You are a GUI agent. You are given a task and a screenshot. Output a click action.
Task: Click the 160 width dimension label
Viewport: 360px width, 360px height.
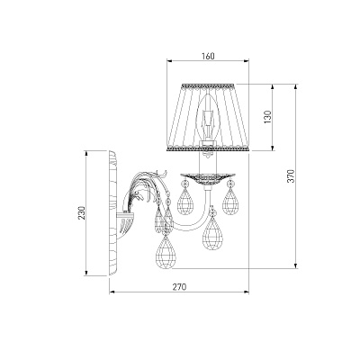point(208,56)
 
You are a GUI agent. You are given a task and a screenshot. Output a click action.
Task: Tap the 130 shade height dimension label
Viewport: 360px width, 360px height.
point(267,117)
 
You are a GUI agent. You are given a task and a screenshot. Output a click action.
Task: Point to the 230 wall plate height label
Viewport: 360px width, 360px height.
point(82,212)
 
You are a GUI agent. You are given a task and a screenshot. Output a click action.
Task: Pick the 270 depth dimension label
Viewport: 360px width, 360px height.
point(179,287)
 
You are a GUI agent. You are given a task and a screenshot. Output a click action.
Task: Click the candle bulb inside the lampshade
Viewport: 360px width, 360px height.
point(206,117)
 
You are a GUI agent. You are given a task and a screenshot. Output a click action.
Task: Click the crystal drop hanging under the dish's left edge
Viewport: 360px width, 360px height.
point(184,197)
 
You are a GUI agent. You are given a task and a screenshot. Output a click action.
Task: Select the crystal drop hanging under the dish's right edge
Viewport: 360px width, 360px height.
point(230,197)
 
